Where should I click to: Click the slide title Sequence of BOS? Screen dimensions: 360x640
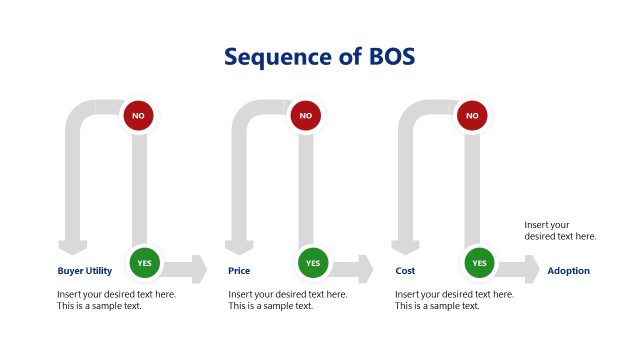pos(319,57)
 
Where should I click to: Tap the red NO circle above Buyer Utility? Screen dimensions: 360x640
pos(138,116)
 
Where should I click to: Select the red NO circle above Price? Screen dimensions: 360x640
pos(305,116)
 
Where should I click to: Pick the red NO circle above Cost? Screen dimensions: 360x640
pos(472,116)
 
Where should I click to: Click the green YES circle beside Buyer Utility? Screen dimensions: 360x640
pos(145,263)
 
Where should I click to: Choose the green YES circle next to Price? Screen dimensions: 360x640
pos(312,263)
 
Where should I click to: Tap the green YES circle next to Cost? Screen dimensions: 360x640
pos(479,263)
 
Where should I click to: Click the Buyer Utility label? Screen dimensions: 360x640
pos(85,271)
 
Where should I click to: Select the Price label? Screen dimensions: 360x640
pos(239,271)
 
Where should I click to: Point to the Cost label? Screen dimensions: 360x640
pos(405,271)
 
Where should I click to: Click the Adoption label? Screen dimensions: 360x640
pos(568,271)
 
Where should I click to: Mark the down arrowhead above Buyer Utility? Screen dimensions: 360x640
pos(72,248)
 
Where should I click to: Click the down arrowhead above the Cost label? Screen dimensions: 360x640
pos(405,248)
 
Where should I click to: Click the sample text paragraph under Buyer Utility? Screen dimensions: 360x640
pos(116,300)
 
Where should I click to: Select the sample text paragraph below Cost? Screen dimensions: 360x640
pos(454,300)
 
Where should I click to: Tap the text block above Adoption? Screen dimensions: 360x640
pos(560,231)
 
